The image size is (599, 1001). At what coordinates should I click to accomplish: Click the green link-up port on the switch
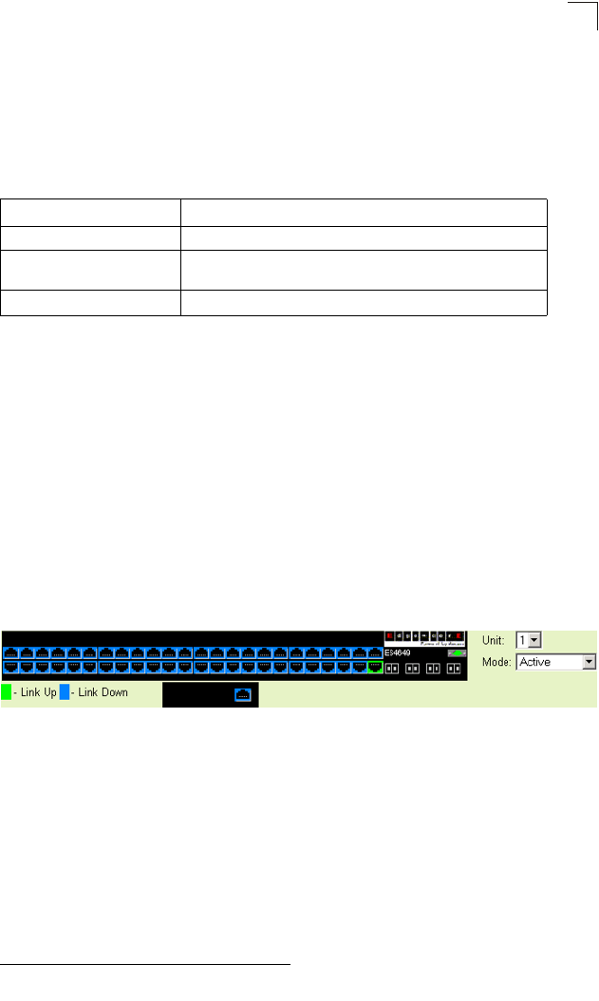(375, 668)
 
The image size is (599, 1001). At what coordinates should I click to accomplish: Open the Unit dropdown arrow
(534, 641)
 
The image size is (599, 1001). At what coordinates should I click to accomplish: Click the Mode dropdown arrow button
(589, 662)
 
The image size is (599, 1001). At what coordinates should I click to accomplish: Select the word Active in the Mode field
(534, 662)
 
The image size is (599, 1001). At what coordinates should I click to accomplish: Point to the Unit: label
(494, 641)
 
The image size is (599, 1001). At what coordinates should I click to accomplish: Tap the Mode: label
(496, 662)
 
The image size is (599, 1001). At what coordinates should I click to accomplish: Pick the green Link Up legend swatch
(6, 692)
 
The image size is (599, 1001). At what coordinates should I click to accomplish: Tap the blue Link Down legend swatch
(65, 692)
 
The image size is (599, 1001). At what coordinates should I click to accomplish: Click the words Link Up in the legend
(37, 692)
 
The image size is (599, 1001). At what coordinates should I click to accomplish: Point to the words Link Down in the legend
(103, 692)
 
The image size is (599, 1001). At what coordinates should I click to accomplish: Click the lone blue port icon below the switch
(242, 695)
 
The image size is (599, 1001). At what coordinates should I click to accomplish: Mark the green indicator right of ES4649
(458, 653)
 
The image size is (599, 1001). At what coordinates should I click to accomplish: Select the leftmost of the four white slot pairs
(391, 668)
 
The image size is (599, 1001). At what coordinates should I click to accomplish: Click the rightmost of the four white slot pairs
(454, 668)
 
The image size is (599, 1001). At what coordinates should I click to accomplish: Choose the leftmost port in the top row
(9, 653)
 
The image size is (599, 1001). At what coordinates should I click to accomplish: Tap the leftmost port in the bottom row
(9, 668)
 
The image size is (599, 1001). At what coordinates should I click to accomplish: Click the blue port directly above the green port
(375, 653)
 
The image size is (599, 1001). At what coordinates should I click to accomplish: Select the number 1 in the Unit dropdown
(521, 641)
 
